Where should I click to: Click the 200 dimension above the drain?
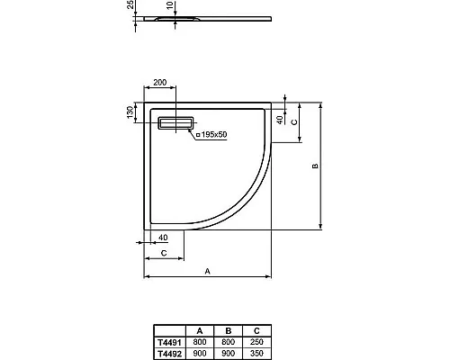[160, 82]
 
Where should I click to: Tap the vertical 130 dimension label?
[130, 112]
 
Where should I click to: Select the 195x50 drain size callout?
[210, 133]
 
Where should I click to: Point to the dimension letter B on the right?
[315, 166]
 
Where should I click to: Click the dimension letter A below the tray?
[207, 269]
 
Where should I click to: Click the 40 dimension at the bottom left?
[162, 238]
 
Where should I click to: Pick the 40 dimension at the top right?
[280, 118]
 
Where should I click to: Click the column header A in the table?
[200, 330]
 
